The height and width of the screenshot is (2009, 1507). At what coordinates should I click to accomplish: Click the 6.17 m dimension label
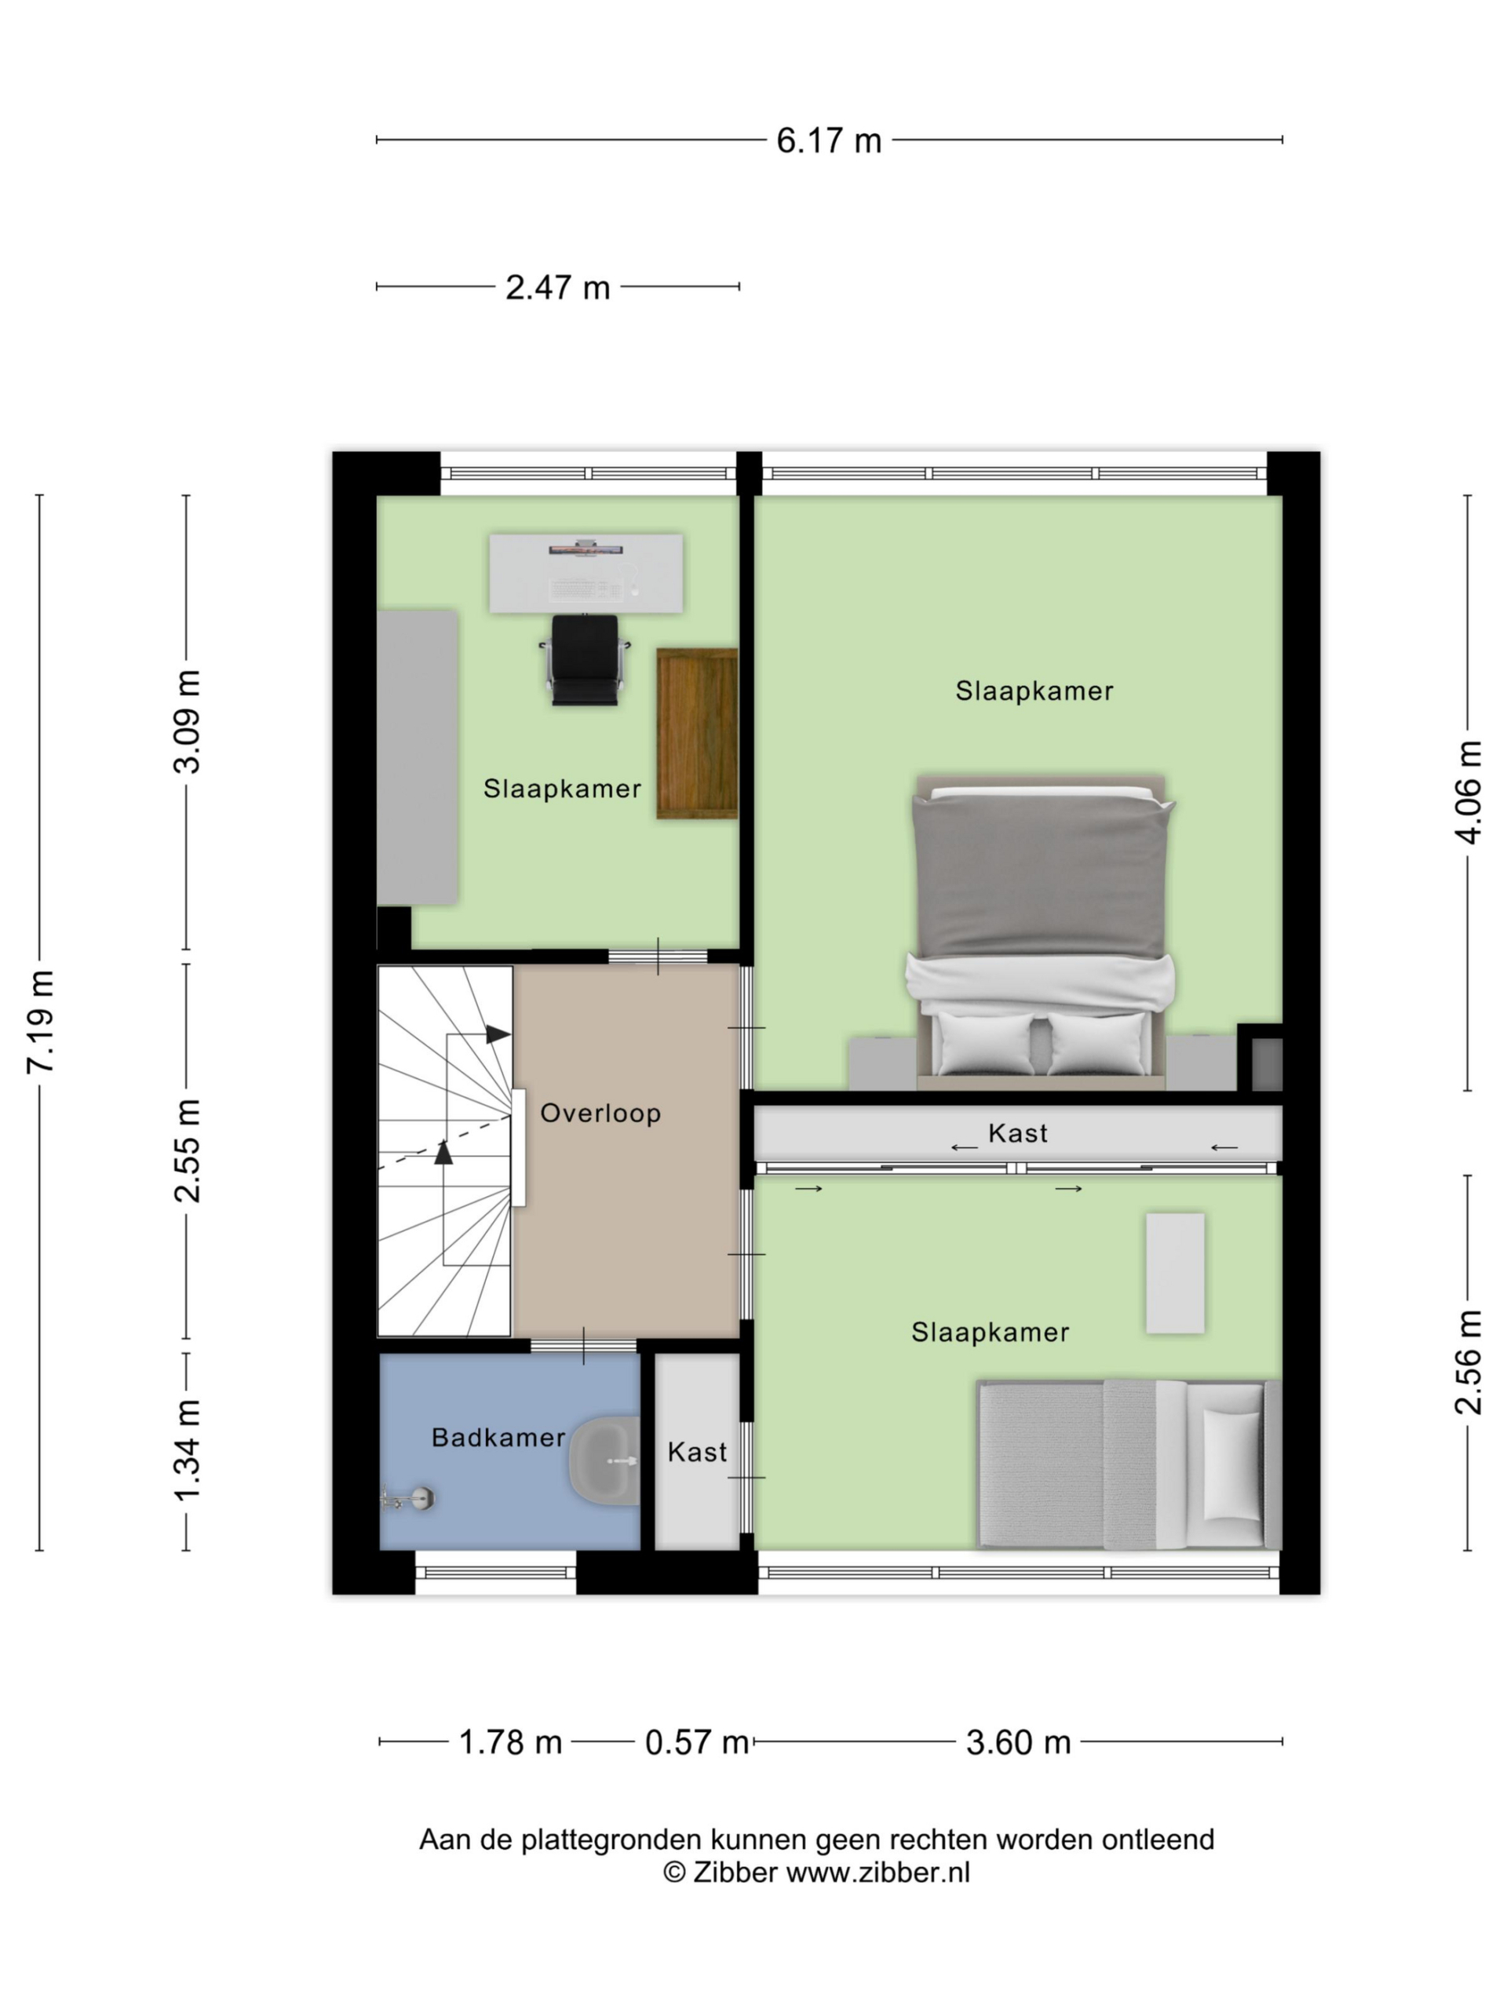pos(828,140)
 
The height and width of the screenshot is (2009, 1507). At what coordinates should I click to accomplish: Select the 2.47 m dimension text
pos(556,288)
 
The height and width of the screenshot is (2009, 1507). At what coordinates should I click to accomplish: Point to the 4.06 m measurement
pos(1469,792)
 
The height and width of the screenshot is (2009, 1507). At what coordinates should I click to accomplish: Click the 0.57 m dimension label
pos(697,1743)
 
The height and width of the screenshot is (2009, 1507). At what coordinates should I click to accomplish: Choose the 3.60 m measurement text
pos(1018,1743)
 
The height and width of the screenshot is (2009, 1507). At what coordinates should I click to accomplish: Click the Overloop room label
pos(600,1114)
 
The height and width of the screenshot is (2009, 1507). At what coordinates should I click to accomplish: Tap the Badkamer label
pos(498,1438)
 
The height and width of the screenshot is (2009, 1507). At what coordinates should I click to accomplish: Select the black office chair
pos(585,659)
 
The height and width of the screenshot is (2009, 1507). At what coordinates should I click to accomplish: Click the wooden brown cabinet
pos(697,734)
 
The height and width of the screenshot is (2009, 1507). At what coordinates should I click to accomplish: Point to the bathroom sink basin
pos(604,1461)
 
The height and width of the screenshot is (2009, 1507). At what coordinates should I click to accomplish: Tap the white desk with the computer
pos(586,573)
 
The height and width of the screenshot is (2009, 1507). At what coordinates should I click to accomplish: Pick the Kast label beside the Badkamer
pos(697,1453)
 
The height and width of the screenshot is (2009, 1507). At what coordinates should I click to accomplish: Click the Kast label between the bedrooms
pos(1017,1133)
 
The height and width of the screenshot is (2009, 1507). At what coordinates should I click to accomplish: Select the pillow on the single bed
pos(1232,1465)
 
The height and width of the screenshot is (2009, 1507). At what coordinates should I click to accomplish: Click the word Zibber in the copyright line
pos(735,1872)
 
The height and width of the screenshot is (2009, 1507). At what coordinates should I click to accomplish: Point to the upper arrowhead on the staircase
pos(497,1034)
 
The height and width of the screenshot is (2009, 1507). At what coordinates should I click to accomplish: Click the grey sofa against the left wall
pos(417,757)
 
